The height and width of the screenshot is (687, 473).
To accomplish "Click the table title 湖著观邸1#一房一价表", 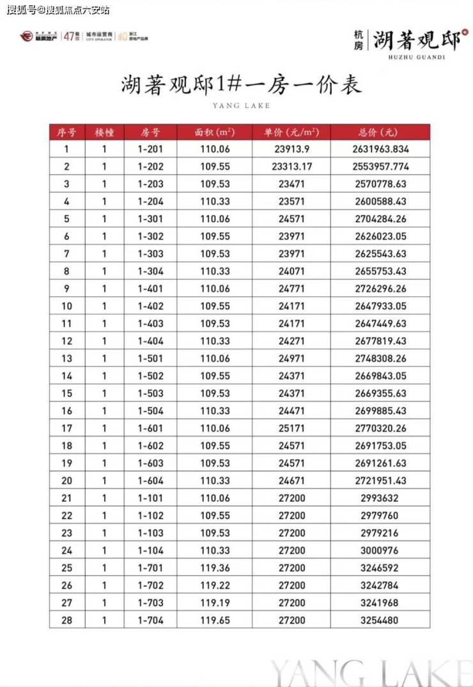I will coord(241,86).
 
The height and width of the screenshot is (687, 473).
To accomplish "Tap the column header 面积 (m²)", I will coord(214,132).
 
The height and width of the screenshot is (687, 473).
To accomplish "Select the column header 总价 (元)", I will coord(380,132).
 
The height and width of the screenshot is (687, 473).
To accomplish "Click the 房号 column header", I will coord(151,132).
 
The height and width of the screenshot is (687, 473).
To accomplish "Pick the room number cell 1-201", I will coord(151,149).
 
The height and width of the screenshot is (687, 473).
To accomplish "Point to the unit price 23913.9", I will coord(291,149).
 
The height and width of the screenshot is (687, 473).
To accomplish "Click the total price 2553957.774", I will coord(380,167).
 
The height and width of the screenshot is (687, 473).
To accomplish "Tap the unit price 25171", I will coord(291,428).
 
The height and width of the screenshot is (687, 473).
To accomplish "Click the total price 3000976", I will coord(380,550).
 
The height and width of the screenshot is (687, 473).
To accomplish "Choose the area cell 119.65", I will coord(214,620).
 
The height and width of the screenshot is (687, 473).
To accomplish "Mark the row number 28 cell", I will coord(66,620).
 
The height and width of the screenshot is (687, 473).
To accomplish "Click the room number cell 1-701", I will coord(151,568).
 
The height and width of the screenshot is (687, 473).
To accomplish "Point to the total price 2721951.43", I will coord(380,480).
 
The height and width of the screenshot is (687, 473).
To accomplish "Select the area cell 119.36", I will coord(214,568).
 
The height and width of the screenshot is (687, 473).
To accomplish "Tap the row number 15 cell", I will coord(66,393).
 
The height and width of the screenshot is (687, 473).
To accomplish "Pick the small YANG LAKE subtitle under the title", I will coord(240,105).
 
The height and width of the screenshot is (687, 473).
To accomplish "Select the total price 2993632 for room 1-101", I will coord(380,498).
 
